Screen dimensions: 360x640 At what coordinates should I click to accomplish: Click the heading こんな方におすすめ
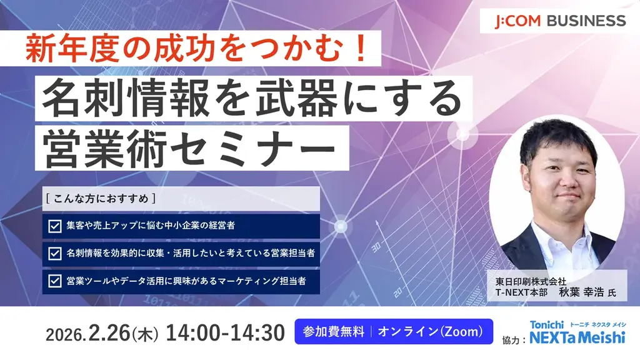coord(100,199)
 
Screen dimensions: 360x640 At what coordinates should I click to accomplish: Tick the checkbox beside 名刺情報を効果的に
coord(54,253)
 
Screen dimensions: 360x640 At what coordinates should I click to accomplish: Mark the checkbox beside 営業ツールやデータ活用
coord(54,281)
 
